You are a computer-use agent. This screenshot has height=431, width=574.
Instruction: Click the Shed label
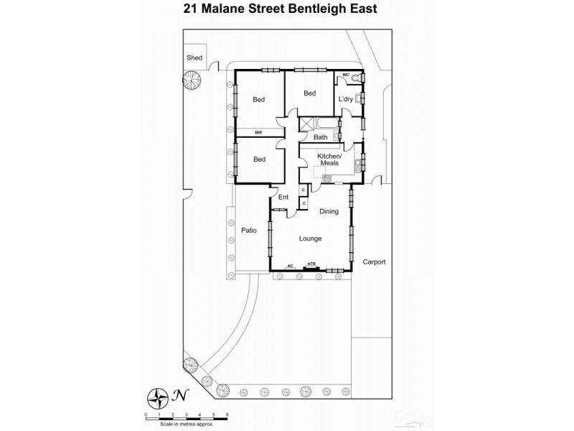pyautogui.click(x=194, y=57)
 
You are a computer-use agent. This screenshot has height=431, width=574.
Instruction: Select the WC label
pyautogui.click(x=345, y=75)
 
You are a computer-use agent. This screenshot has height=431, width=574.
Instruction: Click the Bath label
pyautogui.click(x=321, y=137)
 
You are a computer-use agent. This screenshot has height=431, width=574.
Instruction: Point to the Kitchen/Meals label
pyautogui.click(x=330, y=159)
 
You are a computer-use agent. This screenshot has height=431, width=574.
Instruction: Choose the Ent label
pyautogui.click(x=283, y=197)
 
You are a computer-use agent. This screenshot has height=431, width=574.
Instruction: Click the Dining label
pyautogui.click(x=329, y=211)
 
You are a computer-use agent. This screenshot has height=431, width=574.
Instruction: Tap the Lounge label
pyautogui.click(x=311, y=238)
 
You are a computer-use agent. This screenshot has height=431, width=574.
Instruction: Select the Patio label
pyautogui.click(x=248, y=231)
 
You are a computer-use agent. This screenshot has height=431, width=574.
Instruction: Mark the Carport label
pyautogui.click(x=374, y=262)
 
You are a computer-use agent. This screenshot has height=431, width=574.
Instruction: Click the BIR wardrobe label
pyautogui.click(x=258, y=132)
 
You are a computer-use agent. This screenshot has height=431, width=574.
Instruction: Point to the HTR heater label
pyautogui.click(x=311, y=264)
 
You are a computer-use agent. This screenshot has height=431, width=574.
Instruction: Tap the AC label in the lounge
pyautogui.click(x=291, y=265)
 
